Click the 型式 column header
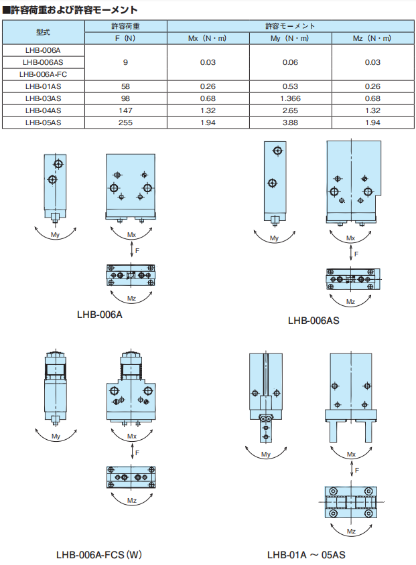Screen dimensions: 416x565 pos(43,32)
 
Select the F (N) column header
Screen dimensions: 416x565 pos(125,38)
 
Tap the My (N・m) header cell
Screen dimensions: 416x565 pos(290,38)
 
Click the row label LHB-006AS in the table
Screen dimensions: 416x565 pos(43,62)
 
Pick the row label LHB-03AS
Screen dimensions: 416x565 pos(44,98)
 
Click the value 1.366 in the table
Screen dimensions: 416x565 pos(290,98)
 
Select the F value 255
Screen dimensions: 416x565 pos(125,123)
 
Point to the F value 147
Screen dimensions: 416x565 pos(125,110)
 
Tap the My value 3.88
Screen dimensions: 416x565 pos(290,123)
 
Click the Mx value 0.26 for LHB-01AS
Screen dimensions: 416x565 pos(208,86)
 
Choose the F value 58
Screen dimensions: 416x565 pos(125,86)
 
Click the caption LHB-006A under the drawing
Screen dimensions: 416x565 pos(100,315)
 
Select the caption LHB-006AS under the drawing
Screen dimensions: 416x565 pos(314,321)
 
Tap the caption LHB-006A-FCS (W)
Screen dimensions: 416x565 pos(99,554)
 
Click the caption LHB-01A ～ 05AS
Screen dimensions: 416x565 pos(306,554)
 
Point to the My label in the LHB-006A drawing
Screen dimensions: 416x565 pos(55,235)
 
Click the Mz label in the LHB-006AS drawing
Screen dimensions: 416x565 pos(350,302)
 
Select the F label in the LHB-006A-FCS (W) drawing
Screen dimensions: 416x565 pos(137,453)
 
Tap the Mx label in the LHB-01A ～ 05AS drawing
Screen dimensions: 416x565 pos(351,455)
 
